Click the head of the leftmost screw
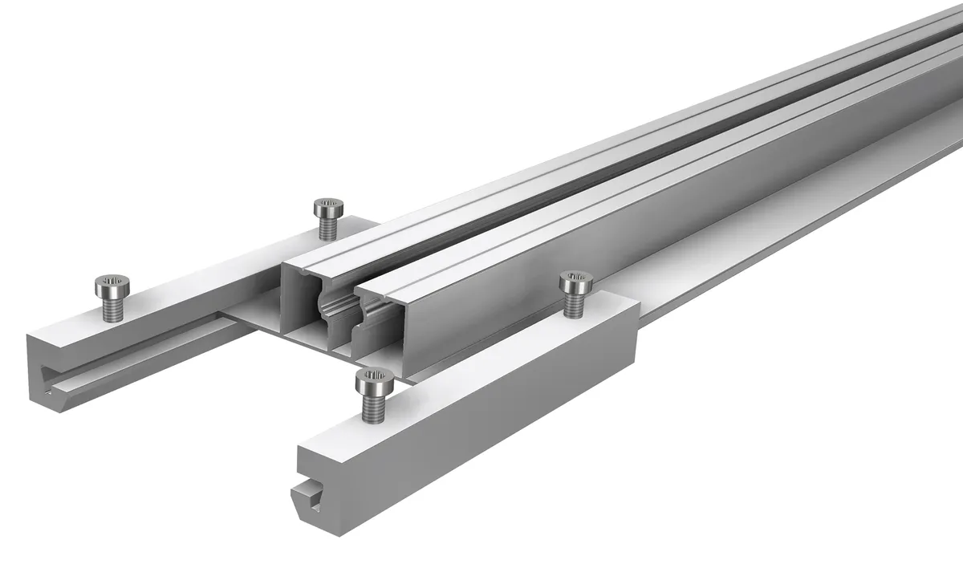click(x=109, y=282)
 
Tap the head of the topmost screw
click(x=327, y=206)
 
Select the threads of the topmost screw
click(x=327, y=227)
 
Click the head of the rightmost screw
click(x=575, y=282)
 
